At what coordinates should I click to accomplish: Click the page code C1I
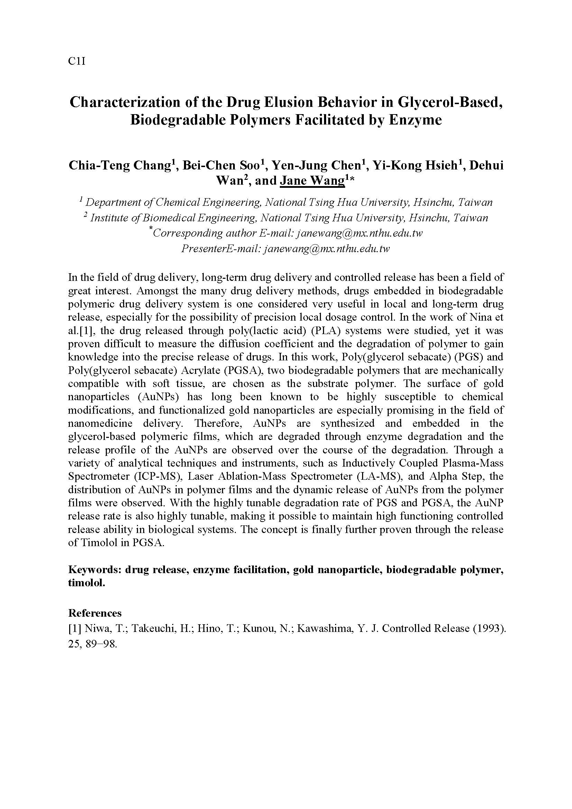pyautogui.click(x=76, y=62)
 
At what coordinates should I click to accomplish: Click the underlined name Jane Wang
pyautogui.click(x=312, y=181)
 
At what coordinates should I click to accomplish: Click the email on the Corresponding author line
pyautogui.click(x=360, y=233)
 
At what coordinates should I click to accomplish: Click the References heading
pyautogui.click(x=95, y=613)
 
